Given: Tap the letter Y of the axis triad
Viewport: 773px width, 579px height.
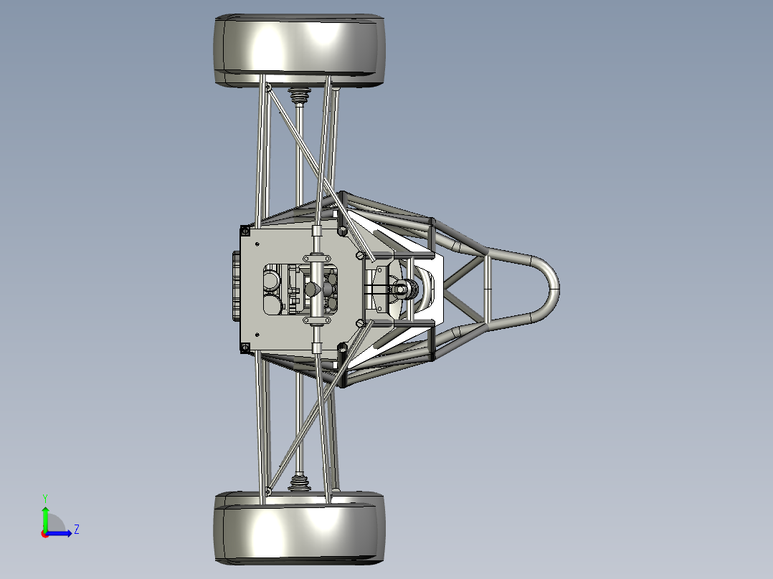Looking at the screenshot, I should click(x=44, y=497).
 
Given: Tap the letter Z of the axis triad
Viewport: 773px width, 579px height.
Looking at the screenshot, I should click(x=76, y=530).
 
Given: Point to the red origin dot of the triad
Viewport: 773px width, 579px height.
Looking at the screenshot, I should click(x=44, y=533).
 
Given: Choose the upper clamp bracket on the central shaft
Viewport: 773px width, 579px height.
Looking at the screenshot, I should click(x=317, y=256).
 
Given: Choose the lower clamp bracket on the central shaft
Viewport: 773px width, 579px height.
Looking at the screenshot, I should click(x=317, y=322).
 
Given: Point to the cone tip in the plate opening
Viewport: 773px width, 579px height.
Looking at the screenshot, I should click(x=312, y=289).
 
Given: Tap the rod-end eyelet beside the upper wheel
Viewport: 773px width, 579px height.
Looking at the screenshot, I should click(x=268, y=88).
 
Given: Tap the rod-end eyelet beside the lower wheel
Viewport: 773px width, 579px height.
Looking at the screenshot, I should click(x=268, y=491).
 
